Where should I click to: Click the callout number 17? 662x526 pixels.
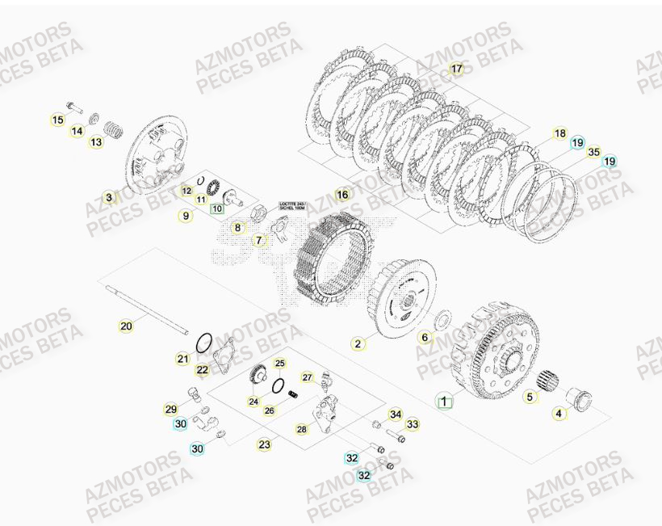point(457,69)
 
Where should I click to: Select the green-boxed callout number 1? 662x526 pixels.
point(442,399)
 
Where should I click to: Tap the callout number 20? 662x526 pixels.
point(126,326)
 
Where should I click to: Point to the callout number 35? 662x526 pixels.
point(593,151)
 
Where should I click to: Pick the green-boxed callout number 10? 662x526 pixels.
point(216,208)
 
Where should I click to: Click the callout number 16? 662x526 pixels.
point(342,195)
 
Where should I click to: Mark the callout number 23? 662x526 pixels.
point(265,444)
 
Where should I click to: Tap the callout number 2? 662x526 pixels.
point(358,344)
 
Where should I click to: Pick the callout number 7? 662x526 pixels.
point(259,240)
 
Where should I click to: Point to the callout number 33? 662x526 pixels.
point(413,424)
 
